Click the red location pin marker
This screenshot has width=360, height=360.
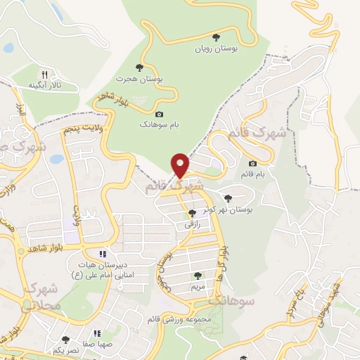pyautogui.click(x=181, y=166)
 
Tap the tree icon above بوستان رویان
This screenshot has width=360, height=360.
pyautogui.click(x=216, y=38)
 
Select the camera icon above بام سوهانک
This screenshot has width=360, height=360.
pyautogui.click(x=159, y=114)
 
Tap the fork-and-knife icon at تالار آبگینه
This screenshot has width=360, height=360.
pyautogui.click(x=45, y=74)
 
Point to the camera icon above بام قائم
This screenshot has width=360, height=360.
pyautogui.click(x=252, y=164)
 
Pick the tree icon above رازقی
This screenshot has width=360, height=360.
pyautogui.click(x=193, y=213)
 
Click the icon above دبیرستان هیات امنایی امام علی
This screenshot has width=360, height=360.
pyautogui.click(x=103, y=254)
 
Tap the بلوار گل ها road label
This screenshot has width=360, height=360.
pyautogui.click(x=224, y=259)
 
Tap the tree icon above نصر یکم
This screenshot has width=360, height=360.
pyautogui.click(x=65, y=340)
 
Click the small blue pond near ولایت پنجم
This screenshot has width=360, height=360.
pyautogui.click(x=56, y=159)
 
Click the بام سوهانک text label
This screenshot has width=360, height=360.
pyautogui.click(x=158, y=124)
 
